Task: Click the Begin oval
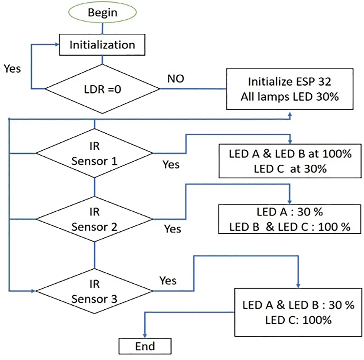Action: click(x=102, y=12)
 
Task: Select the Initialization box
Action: click(x=102, y=45)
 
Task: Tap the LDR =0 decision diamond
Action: click(x=102, y=89)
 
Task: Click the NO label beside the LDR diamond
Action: click(x=176, y=79)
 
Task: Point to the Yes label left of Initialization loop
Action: click(x=12, y=69)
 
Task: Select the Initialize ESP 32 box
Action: click(x=290, y=89)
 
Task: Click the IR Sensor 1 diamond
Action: click(x=94, y=153)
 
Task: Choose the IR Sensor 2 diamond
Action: click(x=94, y=219)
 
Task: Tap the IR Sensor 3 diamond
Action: click(x=94, y=291)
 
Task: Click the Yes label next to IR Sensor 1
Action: click(x=171, y=164)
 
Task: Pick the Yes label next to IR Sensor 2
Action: click(x=172, y=229)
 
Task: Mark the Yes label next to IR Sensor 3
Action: click(x=168, y=281)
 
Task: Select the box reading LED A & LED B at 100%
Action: click(x=290, y=161)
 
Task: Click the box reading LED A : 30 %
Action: click(x=289, y=219)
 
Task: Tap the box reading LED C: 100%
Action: click(x=298, y=312)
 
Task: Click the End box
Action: click(x=145, y=346)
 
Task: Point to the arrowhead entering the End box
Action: click(x=145, y=335)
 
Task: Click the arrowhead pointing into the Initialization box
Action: click(x=57, y=44)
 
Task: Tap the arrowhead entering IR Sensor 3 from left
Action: click(x=33, y=291)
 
